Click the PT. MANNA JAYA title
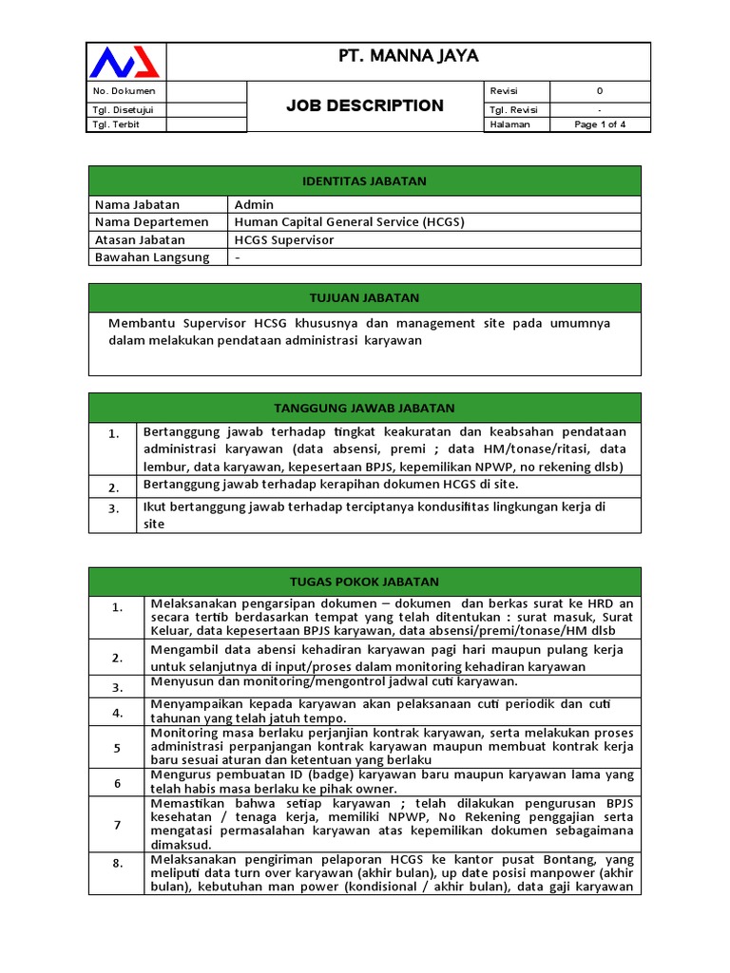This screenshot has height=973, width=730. coord(409,57)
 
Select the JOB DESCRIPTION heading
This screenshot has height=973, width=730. coord(365,105)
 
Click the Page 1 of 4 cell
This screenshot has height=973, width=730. coord(600,124)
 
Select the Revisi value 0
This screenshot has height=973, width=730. coord(600,91)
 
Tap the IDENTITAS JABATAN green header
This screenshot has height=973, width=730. coord(364,181)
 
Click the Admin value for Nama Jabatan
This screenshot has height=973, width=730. coord(255,204)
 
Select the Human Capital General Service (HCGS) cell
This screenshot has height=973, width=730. coord(350,221)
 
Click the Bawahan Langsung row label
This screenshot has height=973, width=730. coord(152,257)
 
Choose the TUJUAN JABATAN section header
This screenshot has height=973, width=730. coord(364,297)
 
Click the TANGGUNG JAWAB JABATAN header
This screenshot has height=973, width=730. coord(364,408)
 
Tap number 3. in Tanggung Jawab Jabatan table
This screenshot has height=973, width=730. coord(113,508)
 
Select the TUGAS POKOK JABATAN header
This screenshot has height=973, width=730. coord(364,582)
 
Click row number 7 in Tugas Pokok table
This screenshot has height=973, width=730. coord(118,825)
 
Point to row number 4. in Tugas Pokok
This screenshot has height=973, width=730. coord(118,712)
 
